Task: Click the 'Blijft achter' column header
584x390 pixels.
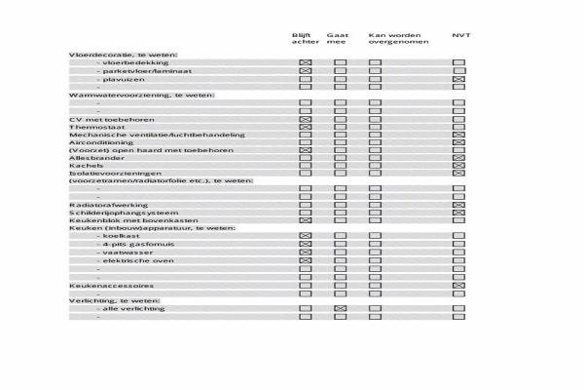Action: tap(304, 39)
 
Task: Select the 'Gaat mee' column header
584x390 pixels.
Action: tap(338, 39)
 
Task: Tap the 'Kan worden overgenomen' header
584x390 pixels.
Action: tap(392, 39)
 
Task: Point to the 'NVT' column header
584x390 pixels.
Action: tap(460, 35)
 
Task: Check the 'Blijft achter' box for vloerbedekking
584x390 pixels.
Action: tap(306, 62)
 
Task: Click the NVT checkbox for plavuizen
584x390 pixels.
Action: tap(459, 79)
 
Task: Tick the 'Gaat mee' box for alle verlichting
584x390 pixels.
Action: tap(341, 309)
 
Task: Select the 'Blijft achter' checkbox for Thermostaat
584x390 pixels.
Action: tap(306, 127)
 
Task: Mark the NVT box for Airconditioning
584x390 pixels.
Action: tap(459, 142)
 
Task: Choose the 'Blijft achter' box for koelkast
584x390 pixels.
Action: tap(306, 237)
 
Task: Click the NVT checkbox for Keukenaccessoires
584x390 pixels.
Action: tap(459, 285)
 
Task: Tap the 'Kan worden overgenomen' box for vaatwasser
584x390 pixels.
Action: tap(375, 253)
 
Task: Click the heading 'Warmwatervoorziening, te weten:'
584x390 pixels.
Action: tap(141, 95)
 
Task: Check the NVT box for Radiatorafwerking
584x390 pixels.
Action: tap(459, 205)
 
